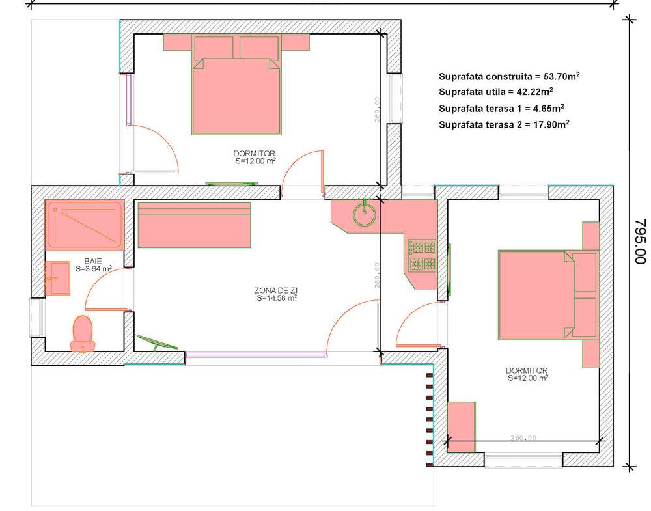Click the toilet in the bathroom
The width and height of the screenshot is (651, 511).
point(83,334)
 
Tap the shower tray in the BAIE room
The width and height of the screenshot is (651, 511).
point(85,225)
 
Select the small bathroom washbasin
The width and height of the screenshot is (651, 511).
point(57,278)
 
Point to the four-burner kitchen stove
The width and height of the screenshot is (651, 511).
point(422,256)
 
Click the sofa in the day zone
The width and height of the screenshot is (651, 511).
point(194,225)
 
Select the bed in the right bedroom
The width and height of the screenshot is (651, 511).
point(548,295)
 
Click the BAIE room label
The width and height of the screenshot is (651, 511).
point(92,261)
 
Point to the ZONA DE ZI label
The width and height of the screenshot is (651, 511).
point(275,290)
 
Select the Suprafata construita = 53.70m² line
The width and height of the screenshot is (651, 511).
point(509,76)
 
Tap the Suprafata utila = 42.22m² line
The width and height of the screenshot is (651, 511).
point(495,91)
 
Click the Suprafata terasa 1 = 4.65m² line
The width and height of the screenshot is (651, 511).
point(501,108)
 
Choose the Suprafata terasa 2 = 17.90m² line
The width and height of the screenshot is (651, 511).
point(504,124)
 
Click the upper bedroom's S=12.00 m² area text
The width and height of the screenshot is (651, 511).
point(255,161)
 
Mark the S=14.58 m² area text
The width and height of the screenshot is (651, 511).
point(277,297)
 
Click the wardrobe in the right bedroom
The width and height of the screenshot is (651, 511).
point(462,427)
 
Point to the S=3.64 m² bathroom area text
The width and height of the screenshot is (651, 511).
point(93,269)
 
